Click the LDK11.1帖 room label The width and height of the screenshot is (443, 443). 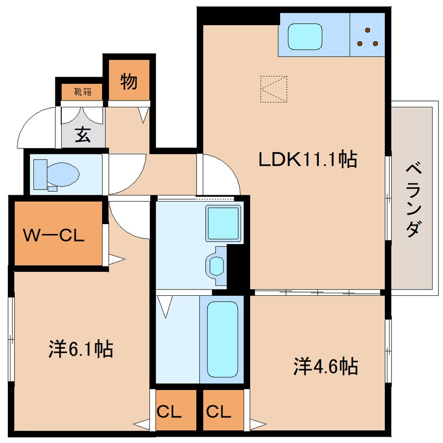[x=308, y=159]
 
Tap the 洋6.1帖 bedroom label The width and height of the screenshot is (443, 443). [x=81, y=349]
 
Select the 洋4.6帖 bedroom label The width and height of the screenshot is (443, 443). [x=326, y=367]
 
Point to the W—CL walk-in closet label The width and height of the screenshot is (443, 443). [x=54, y=235]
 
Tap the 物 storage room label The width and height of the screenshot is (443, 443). [x=129, y=81]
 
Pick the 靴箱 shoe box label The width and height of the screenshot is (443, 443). [x=83, y=92]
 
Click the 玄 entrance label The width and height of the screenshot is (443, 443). [x=83, y=135]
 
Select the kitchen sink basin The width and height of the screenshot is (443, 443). [x=305, y=37]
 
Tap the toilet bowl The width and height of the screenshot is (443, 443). [x=63, y=174]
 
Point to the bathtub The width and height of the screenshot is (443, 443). [x=222, y=339]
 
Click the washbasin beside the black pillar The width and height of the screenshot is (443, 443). [x=216, y=266]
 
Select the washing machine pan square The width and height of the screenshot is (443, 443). [x=223, y=223]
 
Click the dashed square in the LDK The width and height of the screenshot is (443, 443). [x=274, y=89]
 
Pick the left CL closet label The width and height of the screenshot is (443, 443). [x=169, y=412]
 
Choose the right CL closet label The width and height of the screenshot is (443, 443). [x=218, y=412]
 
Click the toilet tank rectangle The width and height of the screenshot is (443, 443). [x=40, y=174]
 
